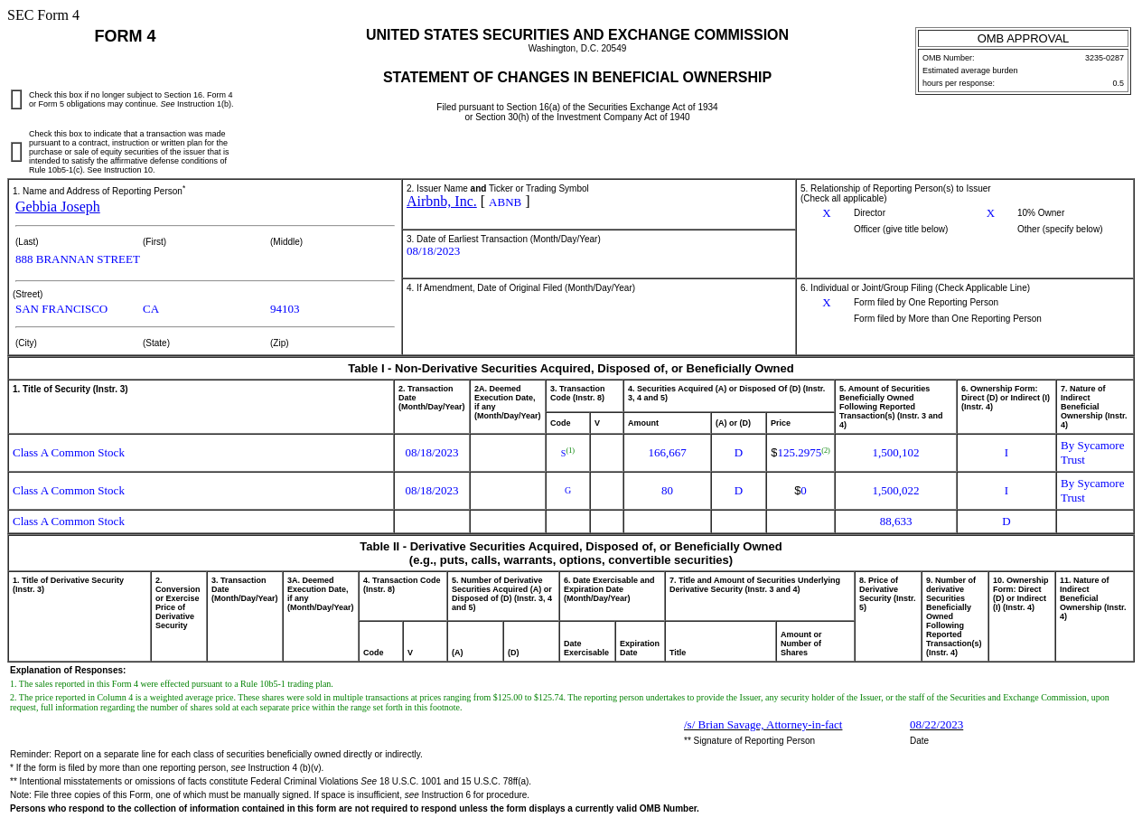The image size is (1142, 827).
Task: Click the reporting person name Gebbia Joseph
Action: (58, 207)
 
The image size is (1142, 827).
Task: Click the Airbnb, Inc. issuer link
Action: (441, 202)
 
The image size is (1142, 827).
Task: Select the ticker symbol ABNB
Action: (505, 202)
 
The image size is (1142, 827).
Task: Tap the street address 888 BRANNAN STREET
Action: (78, 259)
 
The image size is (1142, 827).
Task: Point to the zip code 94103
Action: (285, 309)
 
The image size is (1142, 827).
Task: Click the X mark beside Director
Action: (827, 213)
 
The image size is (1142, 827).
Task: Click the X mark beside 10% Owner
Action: (990, 213)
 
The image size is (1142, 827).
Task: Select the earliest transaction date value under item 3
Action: (433, 251)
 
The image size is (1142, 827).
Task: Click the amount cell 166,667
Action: (667, 453)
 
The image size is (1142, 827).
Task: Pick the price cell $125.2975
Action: (800, 452)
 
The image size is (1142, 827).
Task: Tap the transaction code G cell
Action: (567, 491)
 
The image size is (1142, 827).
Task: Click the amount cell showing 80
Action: (667, 491)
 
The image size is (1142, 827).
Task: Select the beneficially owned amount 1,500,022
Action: (895, 491)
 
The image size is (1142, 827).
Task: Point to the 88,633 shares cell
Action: (895, 522)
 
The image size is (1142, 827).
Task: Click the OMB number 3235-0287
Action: (1104, 58)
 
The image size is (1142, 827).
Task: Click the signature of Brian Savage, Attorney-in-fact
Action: (763, 725)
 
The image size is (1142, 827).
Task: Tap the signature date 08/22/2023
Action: (936, 725)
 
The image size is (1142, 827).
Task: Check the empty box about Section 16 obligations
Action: (16, 99)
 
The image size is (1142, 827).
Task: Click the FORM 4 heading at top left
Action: (125, 36)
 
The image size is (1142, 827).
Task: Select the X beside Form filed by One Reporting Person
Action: (827, 303)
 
